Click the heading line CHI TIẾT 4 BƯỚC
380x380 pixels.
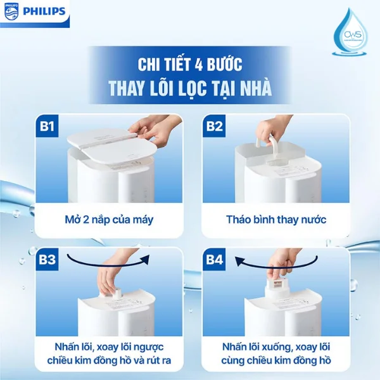pyautogui.click(x=190, y=64)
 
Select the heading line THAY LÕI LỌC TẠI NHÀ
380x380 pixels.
pyautogui.click(x=190, y=88)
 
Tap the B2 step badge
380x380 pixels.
pyautogui.click(x=214, y=127)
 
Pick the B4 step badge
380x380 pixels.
pyautogui.click(x=214, y=260)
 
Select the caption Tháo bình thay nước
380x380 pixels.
pyautogui.click(x=276, y=220)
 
